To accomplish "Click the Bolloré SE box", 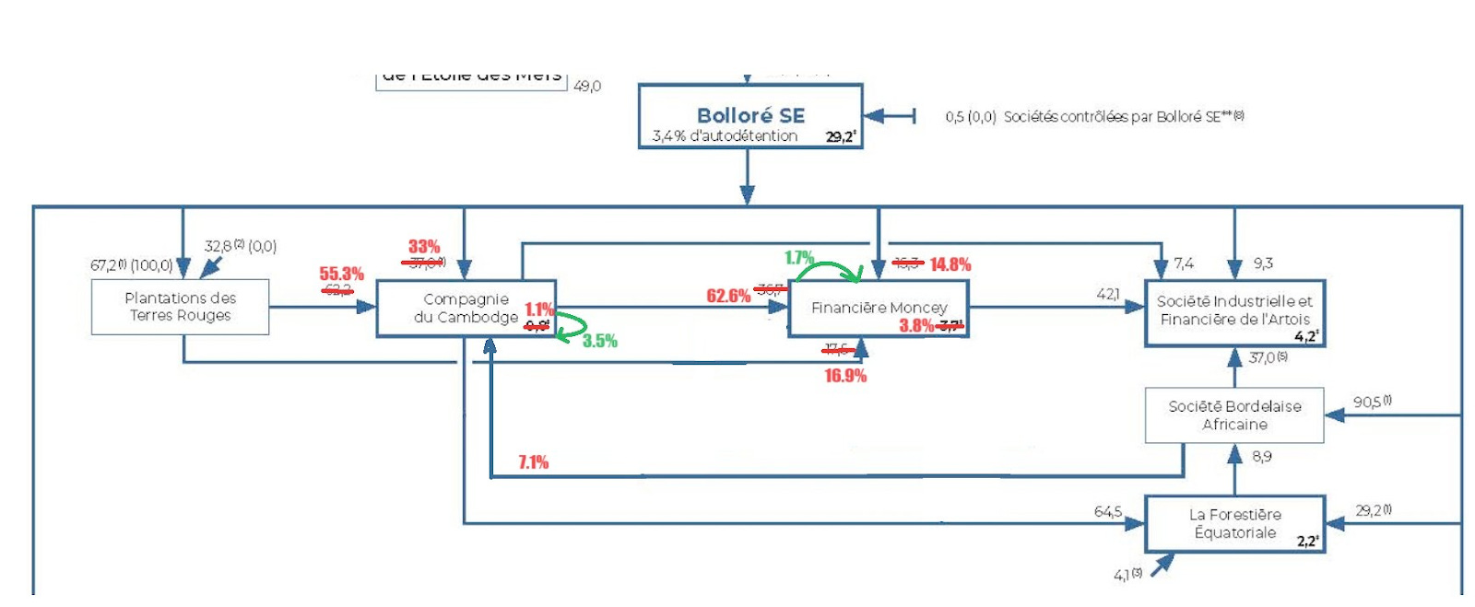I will (x=750, y=116).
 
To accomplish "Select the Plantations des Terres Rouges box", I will (x=181, y=307).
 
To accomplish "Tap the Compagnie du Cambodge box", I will (x=466, y=309).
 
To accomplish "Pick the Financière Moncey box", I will (x=879, y=308).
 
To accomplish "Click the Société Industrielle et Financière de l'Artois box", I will (x=1234, y=312).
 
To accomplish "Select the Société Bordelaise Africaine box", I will (x=1234, y=415).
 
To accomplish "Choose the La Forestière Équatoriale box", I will (x=1234, y=524).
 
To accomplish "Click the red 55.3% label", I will (x=342, y=274).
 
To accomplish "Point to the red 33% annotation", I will (x=424, y=247).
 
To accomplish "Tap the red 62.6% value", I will (x=728, y=296).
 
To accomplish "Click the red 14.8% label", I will (x=950, y=264).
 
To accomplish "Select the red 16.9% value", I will (x=845, y=376).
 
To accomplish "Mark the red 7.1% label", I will (x=533, y=461).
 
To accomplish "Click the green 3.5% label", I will (x=599, y=341).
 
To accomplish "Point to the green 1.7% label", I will (x=799, y=258).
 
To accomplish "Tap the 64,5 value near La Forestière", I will (x=1108, y=511).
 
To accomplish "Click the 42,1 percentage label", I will (x=1108, y=294).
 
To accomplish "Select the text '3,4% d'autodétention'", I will (x=725, y=136).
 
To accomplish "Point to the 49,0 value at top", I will (x=587, y=86).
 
